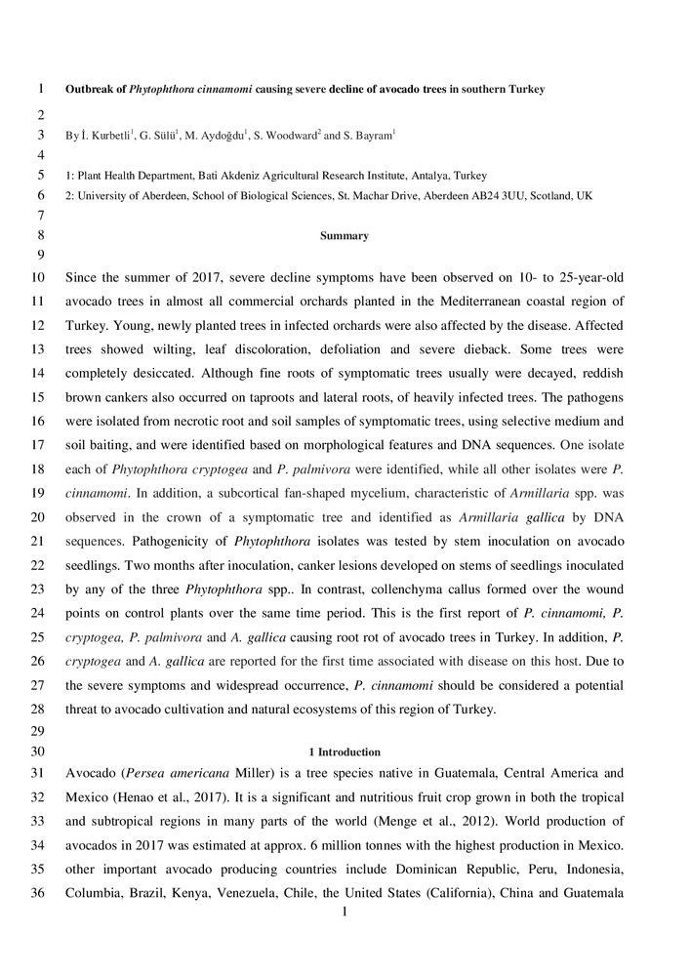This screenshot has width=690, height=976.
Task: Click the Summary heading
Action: pyautogui.click(x=345, y=235)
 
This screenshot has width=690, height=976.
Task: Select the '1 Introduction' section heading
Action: pyautogui.click(x=345, y=752)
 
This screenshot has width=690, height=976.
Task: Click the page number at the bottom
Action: pyautogui.click(x=345, y=913)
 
